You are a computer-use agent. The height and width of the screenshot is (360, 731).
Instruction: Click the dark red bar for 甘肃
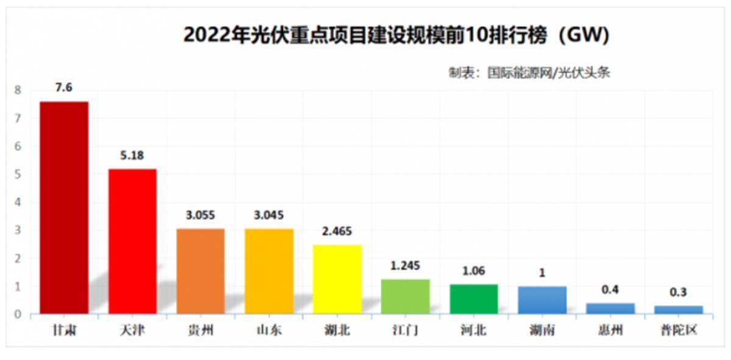[64, 207]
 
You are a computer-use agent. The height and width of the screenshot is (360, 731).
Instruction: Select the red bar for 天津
[132, 241]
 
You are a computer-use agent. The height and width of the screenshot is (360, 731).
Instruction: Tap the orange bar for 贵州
[200, 271]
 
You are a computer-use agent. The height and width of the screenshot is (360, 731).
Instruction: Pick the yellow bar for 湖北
[337, 279]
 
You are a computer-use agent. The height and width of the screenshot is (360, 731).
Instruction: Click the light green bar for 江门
[405, 297]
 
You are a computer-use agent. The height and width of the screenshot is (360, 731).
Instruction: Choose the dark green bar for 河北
[473, 299]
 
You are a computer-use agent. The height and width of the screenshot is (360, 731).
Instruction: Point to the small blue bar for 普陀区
[678, 309]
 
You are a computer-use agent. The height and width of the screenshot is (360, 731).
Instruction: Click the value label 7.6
[63, 88]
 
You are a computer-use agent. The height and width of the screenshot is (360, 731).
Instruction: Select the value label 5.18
[132, 155]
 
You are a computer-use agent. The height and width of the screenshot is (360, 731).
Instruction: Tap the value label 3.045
[269, 215]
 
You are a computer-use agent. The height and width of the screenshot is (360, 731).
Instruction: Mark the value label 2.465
[337, 231]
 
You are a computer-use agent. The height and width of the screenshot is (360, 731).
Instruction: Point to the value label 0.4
[610, 290]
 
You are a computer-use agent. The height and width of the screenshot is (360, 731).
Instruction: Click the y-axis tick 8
[18, 90]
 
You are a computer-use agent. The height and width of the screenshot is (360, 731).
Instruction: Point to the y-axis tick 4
[18, 202]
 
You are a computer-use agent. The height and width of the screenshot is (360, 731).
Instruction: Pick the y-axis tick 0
[18, 314]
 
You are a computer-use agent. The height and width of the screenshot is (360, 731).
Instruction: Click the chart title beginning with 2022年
[396, 35]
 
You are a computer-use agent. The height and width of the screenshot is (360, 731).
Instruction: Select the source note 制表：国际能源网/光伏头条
[529, 73]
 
